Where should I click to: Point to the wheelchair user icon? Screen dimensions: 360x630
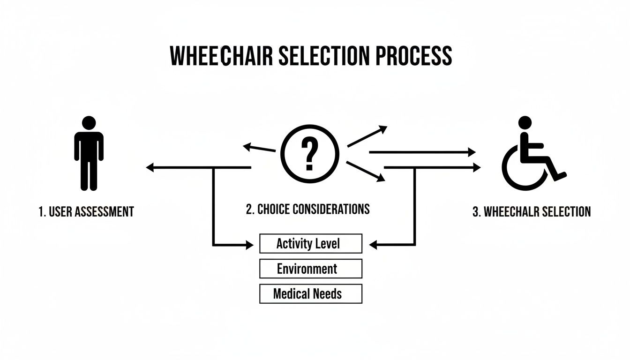532,155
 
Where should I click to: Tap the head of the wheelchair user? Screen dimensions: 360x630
525,123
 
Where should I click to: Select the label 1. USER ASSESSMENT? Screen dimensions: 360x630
86,211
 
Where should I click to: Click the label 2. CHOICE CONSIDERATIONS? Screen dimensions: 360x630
307,209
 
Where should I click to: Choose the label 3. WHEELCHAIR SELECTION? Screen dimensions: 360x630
531,211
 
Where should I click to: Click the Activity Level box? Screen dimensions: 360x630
310,244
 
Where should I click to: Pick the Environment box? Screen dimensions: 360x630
310,269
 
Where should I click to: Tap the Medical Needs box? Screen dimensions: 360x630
310,294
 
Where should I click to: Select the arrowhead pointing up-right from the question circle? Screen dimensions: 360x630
383,128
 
